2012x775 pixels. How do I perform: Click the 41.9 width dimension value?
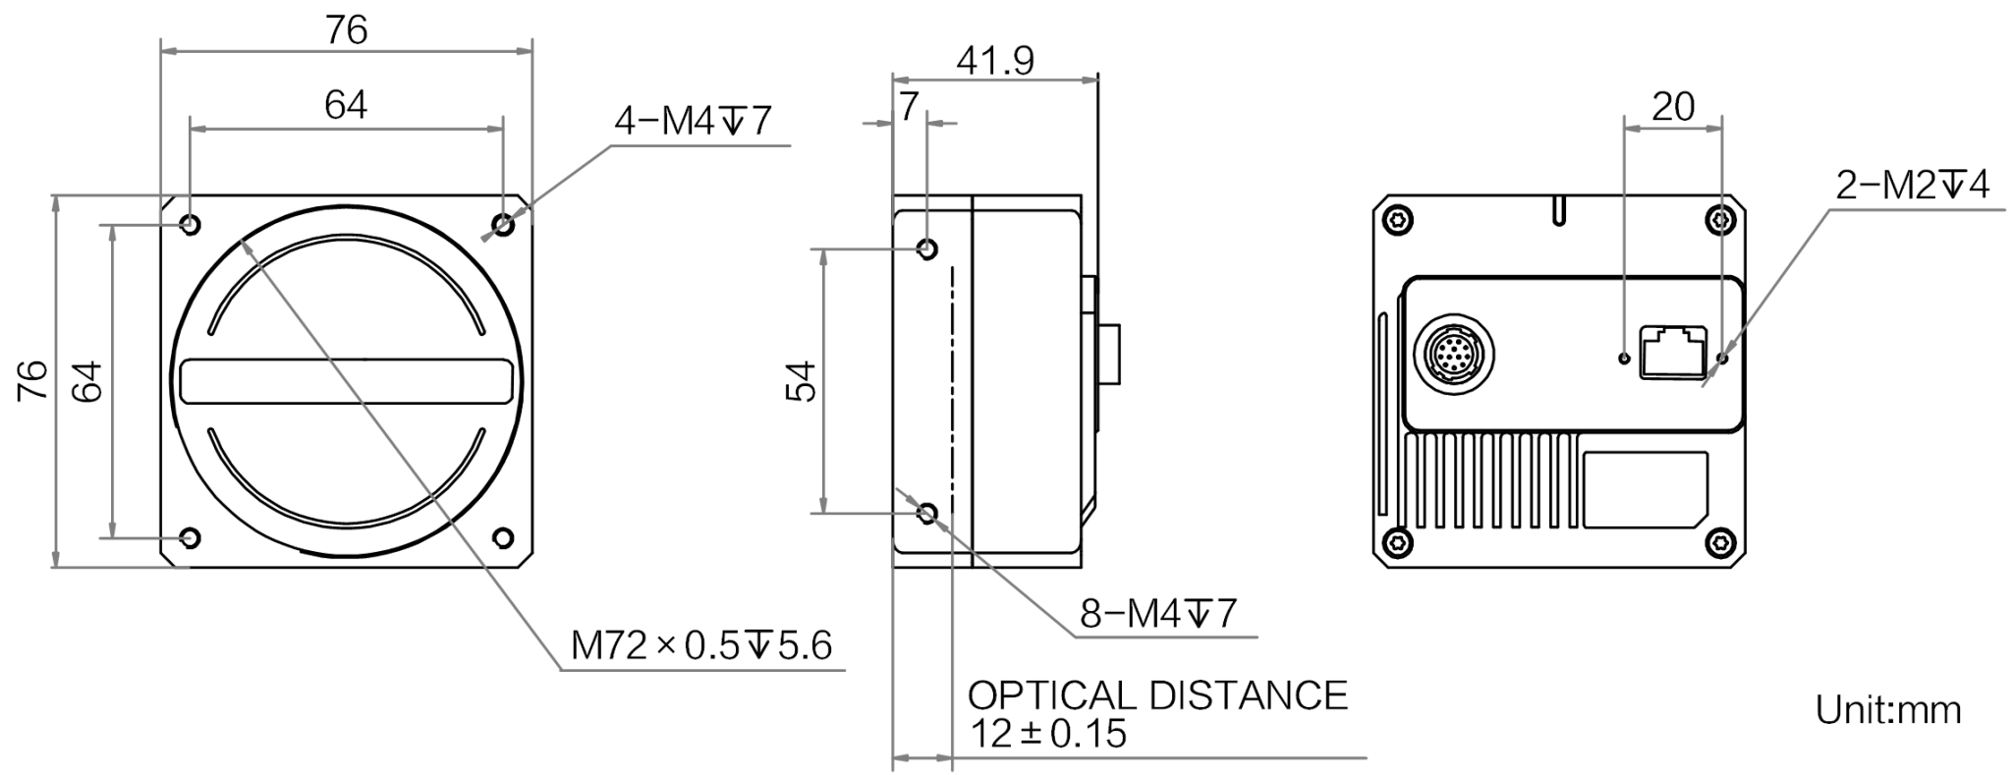995,61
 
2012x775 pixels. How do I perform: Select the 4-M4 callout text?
693,121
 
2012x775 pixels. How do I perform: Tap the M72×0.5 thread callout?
701,645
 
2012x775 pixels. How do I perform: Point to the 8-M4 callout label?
1158,614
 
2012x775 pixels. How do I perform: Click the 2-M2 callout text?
1913,185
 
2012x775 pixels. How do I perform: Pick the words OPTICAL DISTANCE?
1158,695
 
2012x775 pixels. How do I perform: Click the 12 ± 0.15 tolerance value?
1048,734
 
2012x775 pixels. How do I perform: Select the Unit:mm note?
1888,709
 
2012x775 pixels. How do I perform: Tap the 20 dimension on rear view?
1673,106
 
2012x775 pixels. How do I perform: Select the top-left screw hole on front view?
191,225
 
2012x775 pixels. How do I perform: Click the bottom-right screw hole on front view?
503,537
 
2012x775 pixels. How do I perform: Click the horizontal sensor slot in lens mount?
348,381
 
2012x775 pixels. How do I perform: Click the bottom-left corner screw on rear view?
1398,540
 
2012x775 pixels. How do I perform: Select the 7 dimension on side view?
909,106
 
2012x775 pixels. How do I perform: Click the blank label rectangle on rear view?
1645,489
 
